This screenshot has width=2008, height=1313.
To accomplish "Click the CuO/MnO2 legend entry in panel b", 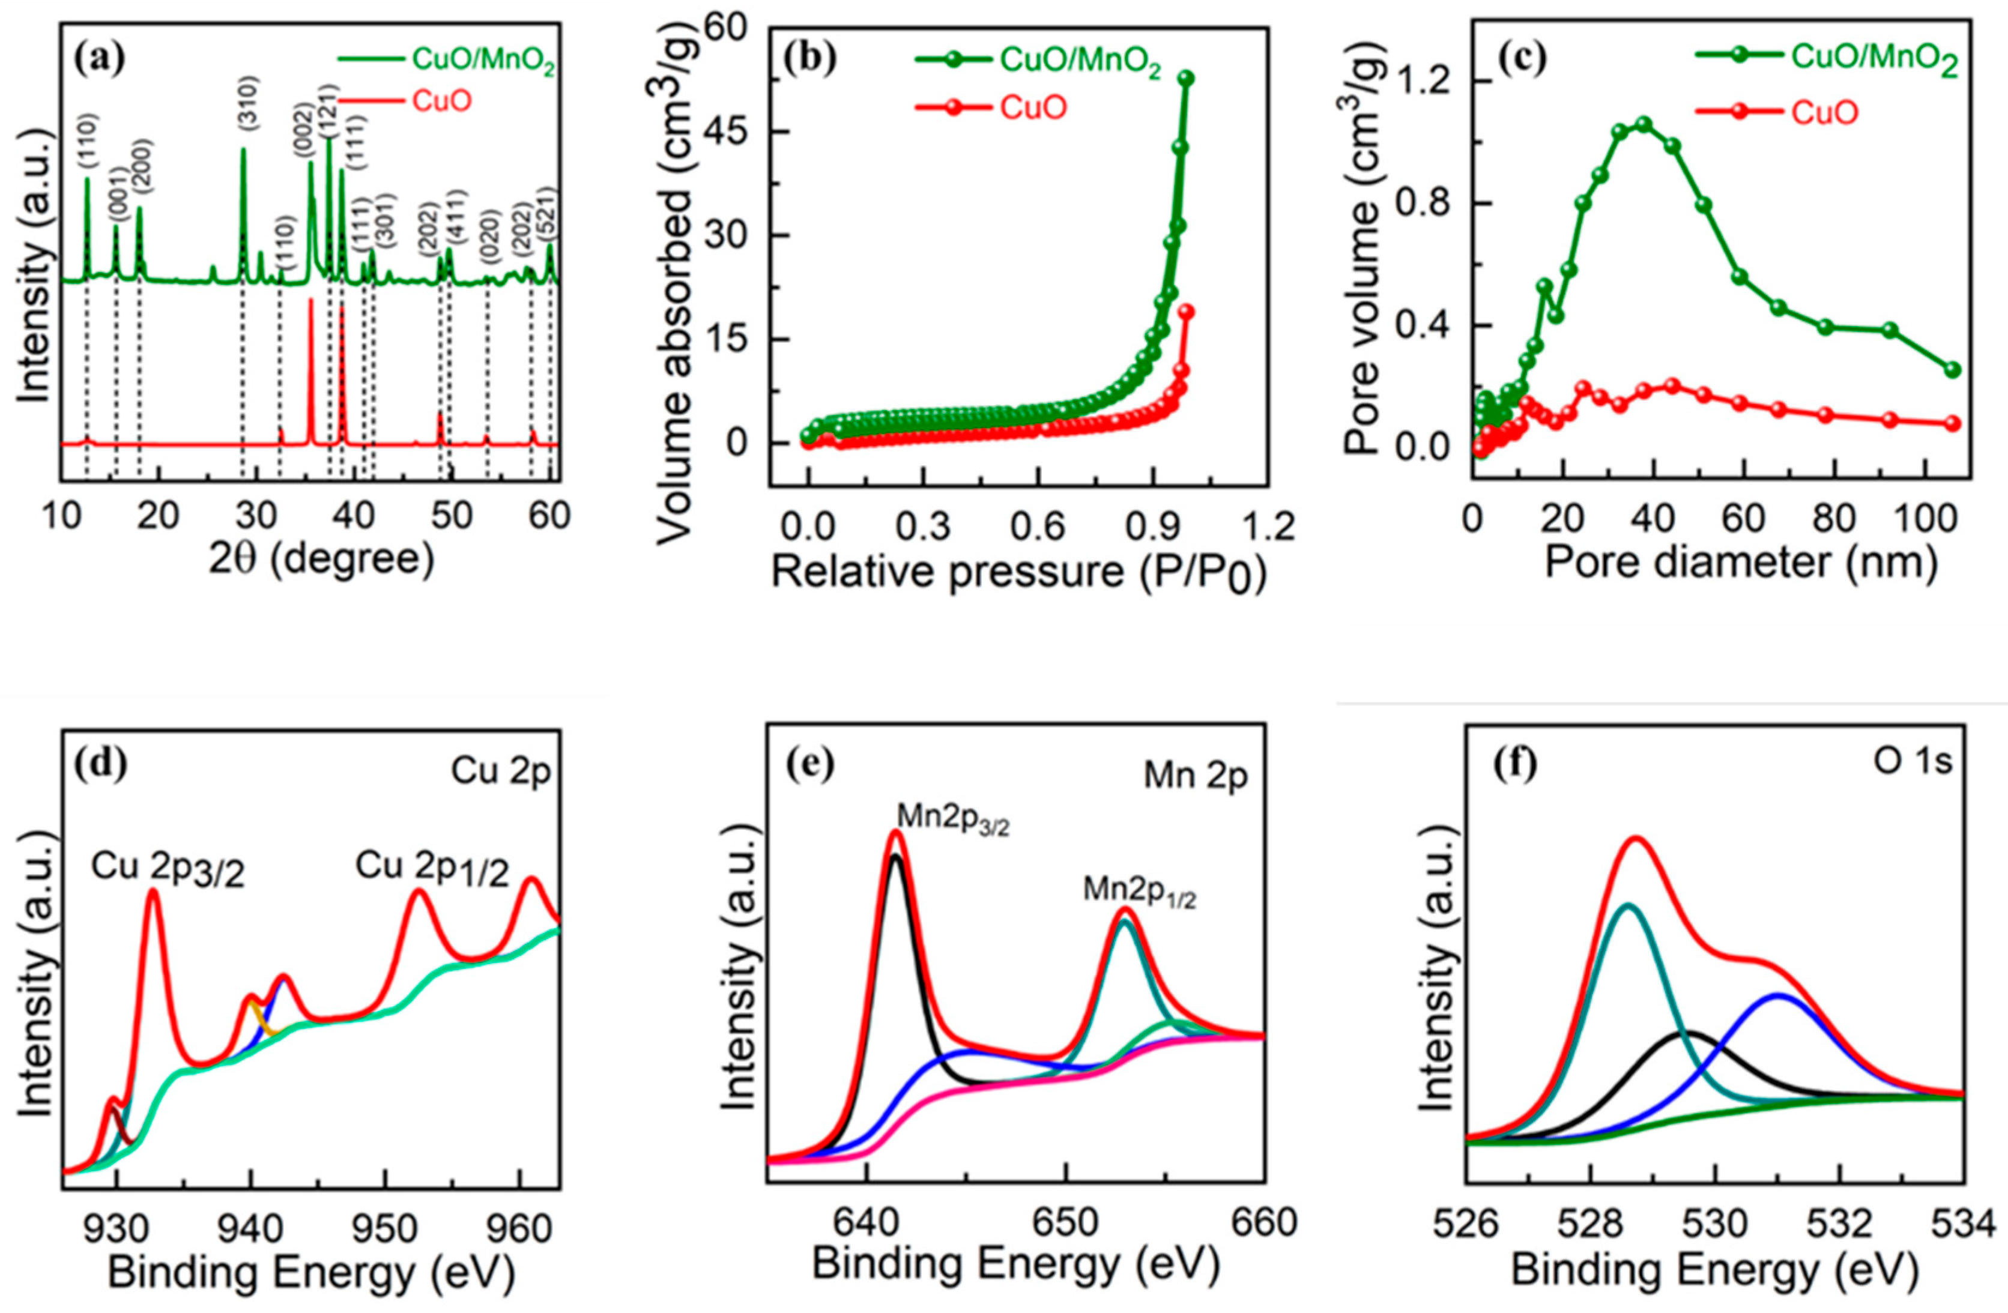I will (1080, 60).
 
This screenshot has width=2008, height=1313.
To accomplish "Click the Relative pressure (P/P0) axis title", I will (1019, 573).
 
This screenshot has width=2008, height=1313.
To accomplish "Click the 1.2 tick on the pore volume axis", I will (1421, 82).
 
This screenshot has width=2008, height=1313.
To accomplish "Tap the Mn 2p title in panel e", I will (1195, 776).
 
